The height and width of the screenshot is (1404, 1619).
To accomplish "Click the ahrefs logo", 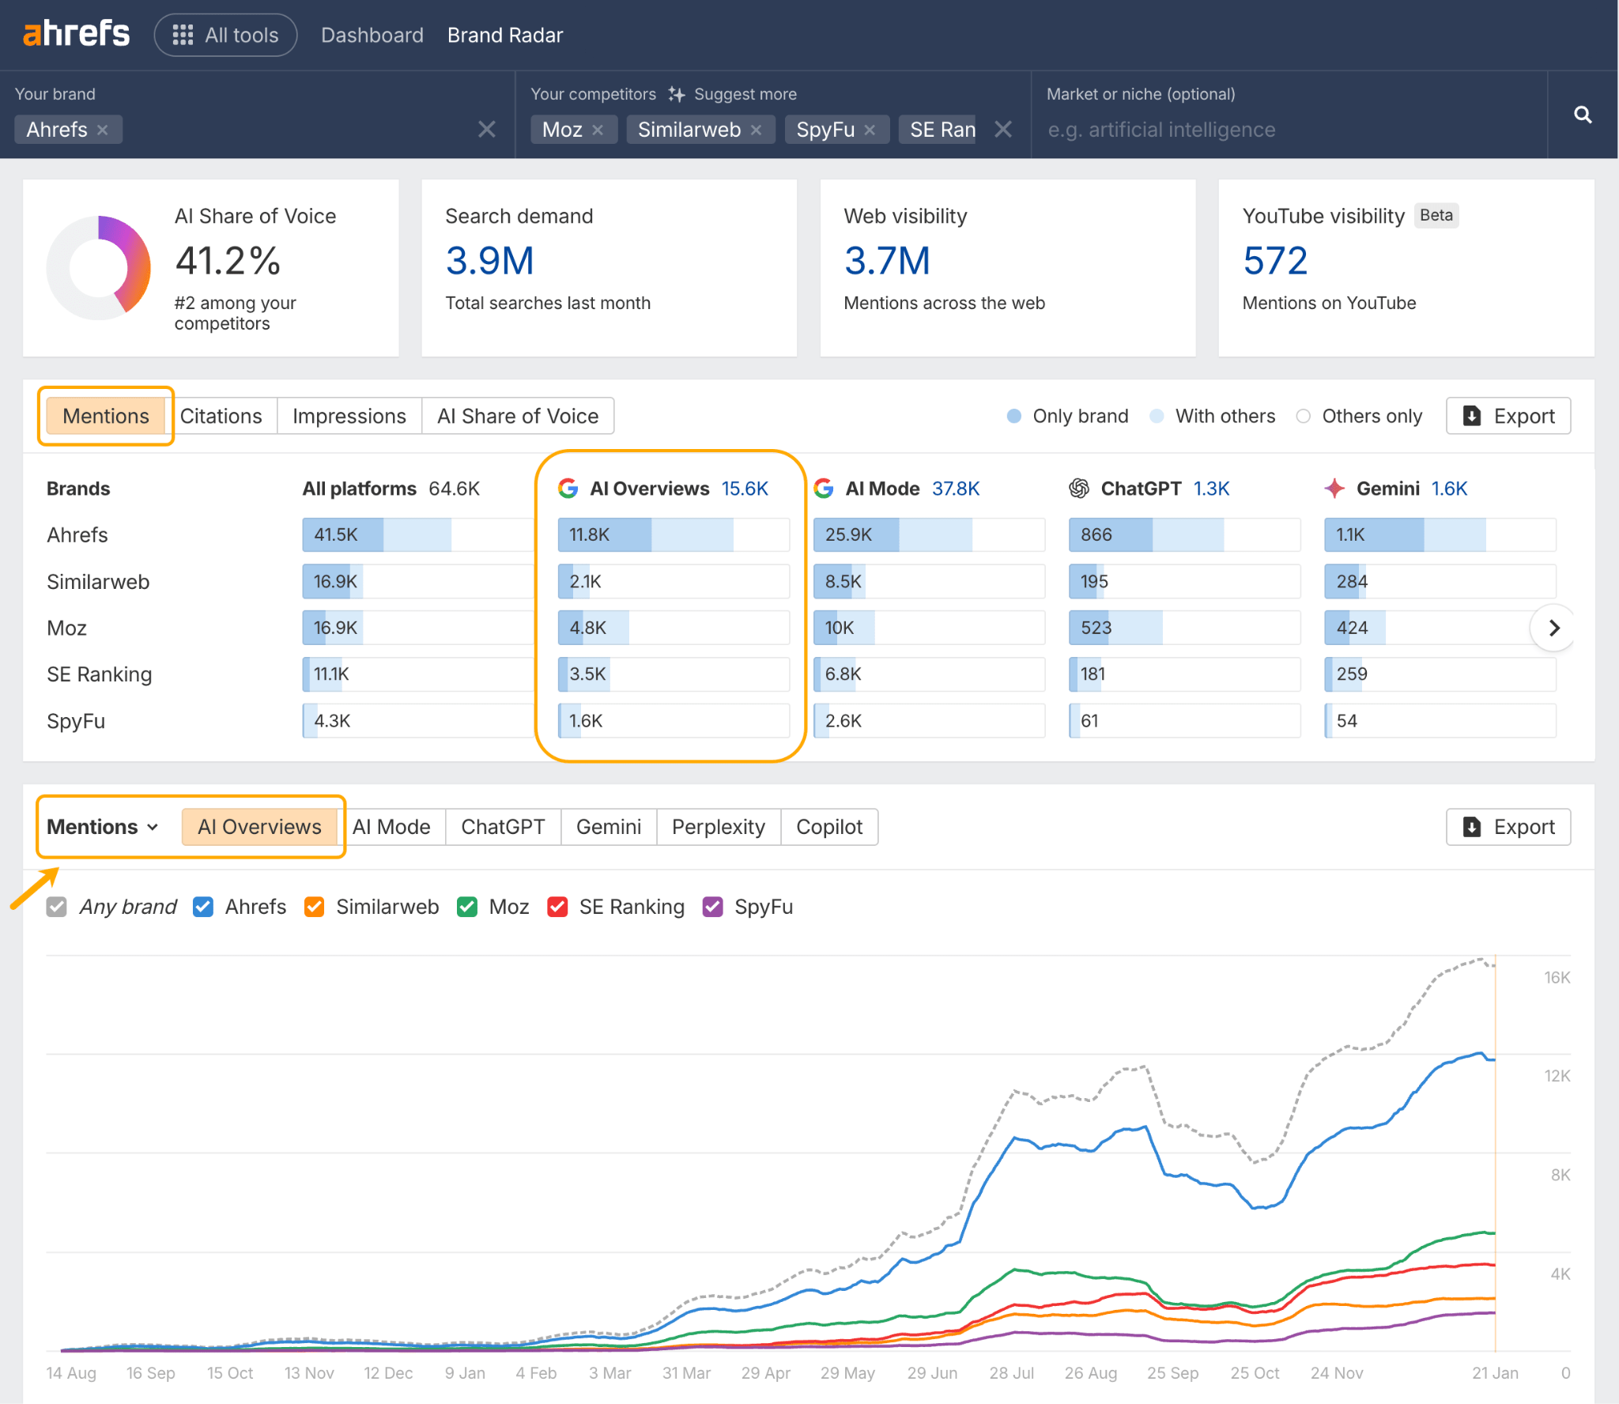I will click(76, 34).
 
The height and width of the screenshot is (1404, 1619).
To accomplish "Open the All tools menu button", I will click(225, 35).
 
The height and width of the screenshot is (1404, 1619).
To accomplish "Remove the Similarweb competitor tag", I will click(757, 130).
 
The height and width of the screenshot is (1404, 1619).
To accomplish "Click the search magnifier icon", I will click(1582, 115).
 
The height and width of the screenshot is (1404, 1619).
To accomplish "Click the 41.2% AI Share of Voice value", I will click(228, 261).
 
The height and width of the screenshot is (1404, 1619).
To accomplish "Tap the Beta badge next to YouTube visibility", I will click(1436, 215).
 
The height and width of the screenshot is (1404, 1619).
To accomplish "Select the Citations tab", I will click(221, 416).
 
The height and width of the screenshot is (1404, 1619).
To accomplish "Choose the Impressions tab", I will click(349, 416).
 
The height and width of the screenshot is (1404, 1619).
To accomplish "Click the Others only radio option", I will click(1304, 416).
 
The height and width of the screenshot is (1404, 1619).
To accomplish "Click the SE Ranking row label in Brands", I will click(99, 674).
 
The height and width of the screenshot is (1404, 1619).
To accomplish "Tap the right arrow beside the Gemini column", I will click(1553, 628).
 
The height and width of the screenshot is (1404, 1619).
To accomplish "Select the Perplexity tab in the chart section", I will click(718, 827).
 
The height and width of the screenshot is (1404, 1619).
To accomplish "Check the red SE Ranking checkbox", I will click(557, 907).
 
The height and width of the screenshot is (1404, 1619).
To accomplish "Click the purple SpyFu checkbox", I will click(713, 907).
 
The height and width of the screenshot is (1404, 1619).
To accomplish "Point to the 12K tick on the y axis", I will click(1557, 1076).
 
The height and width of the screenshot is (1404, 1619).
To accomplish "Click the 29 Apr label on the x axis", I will click(765, 1373).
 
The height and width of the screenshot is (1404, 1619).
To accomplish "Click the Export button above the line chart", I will click(1508, 827).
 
